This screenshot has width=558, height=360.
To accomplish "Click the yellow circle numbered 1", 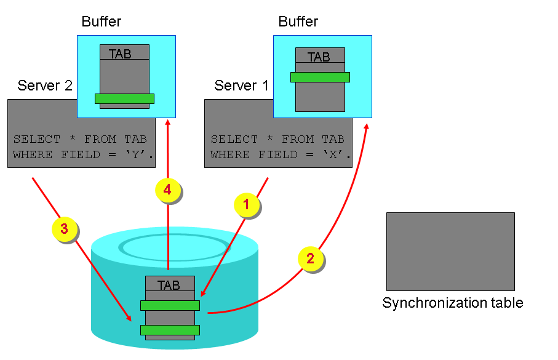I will tap(246, 205).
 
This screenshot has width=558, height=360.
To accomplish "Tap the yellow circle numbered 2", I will tap(310, 258).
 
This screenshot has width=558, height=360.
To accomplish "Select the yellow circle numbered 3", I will tap(64, 230).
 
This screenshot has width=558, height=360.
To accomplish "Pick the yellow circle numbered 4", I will tap(167, 190).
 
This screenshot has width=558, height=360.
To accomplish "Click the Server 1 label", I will tap(241, 86).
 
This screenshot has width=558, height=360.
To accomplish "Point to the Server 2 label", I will tap(45, 86).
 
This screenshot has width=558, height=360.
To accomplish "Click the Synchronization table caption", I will tap(452, 303).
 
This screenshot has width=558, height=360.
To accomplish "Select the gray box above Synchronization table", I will tap(450, 251).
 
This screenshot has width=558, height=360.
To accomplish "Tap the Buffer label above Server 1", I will tap(298, 22).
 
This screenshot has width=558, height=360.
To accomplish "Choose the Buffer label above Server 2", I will tap(102, 22).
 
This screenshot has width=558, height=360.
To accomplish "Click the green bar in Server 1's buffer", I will tap(320, 77).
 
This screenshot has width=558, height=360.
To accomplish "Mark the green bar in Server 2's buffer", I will tap(124, 98).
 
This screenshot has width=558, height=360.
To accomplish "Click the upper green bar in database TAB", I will tap(170, 305).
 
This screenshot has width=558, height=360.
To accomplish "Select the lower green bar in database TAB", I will tap(170, 330).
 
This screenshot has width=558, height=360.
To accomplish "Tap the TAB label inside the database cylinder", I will tap(169, 286).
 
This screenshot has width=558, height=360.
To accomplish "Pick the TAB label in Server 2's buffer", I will tap(120, 54).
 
